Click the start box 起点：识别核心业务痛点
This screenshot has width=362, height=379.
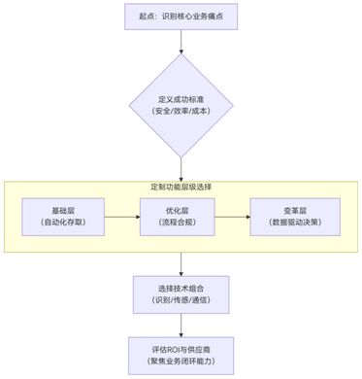coord(181,16)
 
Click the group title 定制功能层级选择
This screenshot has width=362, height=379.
coord(181,186)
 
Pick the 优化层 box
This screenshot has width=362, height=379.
coord(181,217)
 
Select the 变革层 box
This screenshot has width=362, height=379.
coord(295,217)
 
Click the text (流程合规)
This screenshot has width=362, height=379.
coord(181,224)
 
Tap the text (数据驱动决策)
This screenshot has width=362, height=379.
coord(295,224)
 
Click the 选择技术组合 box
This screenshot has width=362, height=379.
coord(181,295)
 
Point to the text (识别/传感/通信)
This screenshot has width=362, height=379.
coord(181,302)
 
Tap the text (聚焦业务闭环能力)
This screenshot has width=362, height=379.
coord(181,361)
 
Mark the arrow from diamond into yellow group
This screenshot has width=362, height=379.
coord(181,167)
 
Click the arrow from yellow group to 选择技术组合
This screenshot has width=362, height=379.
coord(181,264)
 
